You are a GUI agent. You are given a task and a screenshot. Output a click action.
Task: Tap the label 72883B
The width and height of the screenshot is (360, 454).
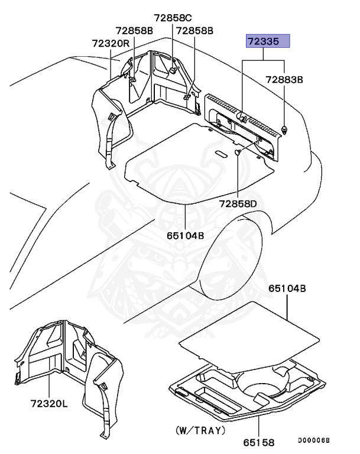point(284,79)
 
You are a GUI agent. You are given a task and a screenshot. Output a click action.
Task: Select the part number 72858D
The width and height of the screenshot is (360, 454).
point(238,204)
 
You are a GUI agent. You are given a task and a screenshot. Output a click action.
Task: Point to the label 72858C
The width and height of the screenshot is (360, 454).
point(173,18)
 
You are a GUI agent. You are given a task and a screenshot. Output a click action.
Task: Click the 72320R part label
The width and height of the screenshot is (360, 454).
point(111,43)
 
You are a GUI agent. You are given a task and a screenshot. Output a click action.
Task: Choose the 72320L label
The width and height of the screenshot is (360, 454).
point(50,404)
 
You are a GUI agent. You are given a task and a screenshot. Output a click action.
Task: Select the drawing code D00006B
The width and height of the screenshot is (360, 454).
point(313,440)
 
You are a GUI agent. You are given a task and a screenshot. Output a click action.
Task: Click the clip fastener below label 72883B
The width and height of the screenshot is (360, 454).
point(286,130)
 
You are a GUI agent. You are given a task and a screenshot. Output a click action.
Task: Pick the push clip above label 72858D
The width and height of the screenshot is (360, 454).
point(238,153)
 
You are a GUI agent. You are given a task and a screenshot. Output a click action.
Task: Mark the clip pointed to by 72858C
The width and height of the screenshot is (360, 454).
point(172,70)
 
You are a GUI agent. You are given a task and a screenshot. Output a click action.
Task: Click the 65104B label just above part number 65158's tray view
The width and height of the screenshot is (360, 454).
point(287,289)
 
